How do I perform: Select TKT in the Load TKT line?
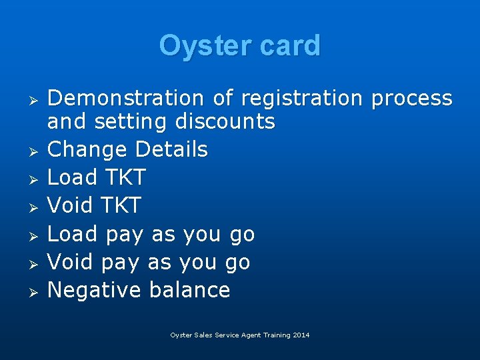click(x=122, y=177)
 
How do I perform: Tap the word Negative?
click(x=95, y=290)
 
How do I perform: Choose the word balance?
click(x=189, y=290)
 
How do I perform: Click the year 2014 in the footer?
click(x=301, y=335)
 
